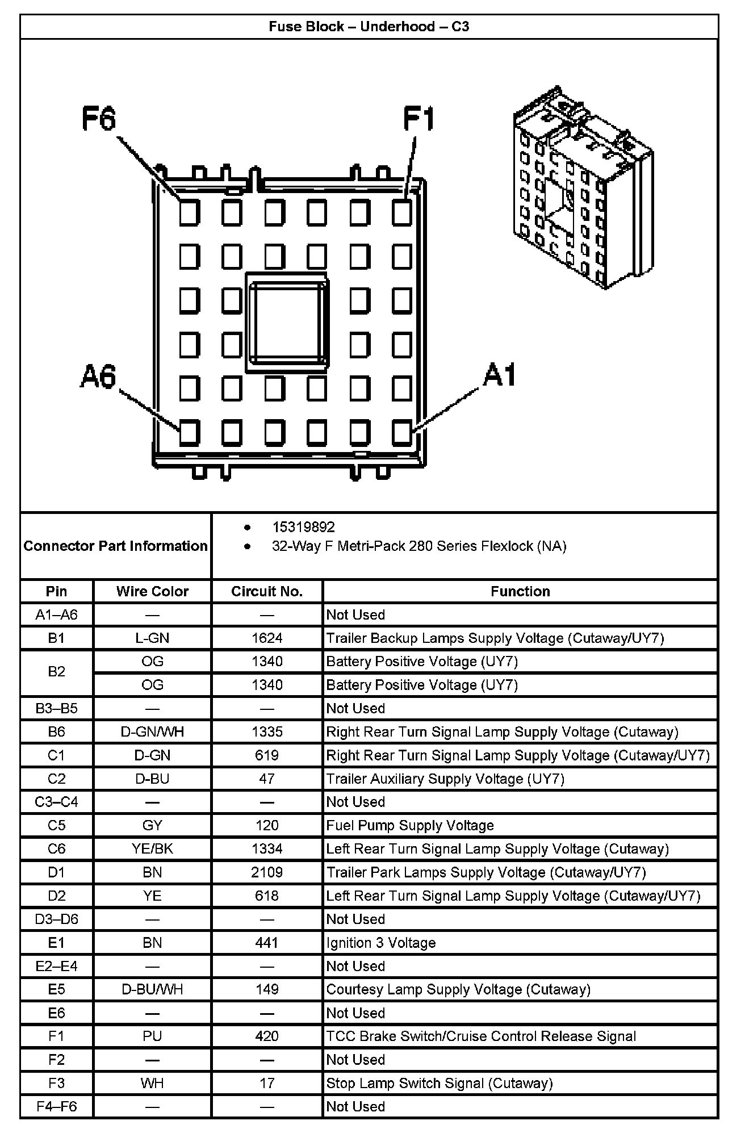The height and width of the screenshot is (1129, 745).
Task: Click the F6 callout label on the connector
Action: [99, 119]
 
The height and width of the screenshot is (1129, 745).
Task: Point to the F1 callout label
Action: [418, 119]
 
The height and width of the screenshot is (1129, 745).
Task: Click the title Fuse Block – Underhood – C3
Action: [369, 27]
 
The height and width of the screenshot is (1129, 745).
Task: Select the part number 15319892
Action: [303, 527]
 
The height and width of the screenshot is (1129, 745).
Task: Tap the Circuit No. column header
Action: [267, 591]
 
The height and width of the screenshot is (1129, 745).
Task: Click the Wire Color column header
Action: [152, 591]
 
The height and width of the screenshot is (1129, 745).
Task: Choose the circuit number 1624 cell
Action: [267, 638]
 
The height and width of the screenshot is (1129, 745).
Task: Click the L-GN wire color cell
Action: [152, 638]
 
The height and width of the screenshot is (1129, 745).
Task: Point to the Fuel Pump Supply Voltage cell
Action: [410, 825]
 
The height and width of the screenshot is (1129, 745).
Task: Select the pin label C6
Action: [56, 848]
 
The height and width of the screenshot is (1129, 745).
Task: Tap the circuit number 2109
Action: [267, 872]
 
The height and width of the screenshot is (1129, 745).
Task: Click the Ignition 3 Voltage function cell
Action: [381, 943]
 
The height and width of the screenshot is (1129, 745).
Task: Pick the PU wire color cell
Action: [152, 1036]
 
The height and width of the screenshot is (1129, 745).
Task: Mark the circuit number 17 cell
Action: [267, 1083]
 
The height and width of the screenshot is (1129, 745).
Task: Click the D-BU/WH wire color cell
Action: [152, 989]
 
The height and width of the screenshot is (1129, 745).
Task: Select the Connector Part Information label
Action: [115, 546]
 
